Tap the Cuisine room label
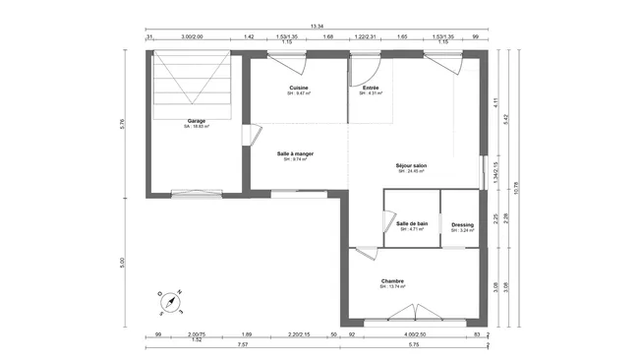(299, 89)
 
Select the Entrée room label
(372, 89)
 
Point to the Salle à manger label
(295, 154)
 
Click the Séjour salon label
(411, 166)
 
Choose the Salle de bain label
(412, 224)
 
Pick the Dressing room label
(462, 226)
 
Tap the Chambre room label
(393, 282)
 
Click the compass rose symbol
(170, 300)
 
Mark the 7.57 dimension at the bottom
(242, 345)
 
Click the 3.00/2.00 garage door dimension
(192, 36)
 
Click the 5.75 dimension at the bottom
(414, 345)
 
